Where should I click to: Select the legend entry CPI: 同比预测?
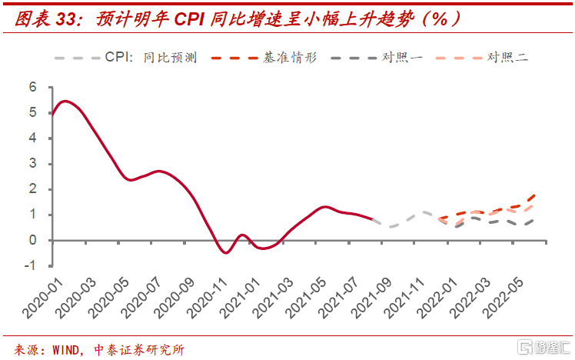coord(149,57)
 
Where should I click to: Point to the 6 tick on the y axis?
coord(33,88)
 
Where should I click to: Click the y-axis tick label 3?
coord(33,164)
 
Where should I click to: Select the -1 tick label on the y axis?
coord(31,265)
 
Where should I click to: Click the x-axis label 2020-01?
coord(35,296)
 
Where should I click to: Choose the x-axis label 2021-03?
coord(274,296)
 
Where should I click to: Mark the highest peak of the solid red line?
coord(65,101)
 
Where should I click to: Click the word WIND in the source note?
coord(68,349)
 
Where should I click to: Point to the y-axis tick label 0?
coord(33,240)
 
